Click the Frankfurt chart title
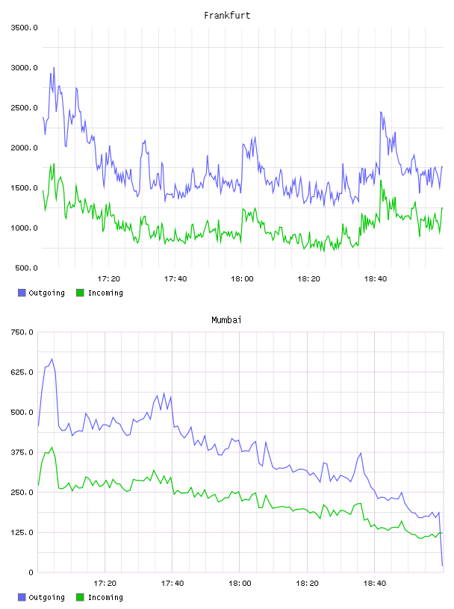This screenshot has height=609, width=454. tap(227, 16)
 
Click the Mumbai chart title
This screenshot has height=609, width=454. tap(226, 320)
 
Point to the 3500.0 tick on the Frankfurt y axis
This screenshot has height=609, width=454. tap(25, 28)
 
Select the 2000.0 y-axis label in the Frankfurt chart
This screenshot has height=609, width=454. tap(25, 148)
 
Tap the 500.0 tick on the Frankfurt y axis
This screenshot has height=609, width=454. tap(26, 268)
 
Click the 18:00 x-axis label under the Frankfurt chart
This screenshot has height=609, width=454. tap(242, 279)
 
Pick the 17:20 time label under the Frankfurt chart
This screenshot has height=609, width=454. tap(108, 279)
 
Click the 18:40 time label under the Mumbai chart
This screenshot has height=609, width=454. tap(375, 584)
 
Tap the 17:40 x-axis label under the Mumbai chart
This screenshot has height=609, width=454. tap(172, 584)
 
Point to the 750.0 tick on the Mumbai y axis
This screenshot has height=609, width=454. tap(22, 332)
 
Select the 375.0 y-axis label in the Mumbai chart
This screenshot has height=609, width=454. tap(22, 452)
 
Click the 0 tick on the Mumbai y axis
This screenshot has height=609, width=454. tap(31, 572)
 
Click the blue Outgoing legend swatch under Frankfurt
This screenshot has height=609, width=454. tap(22, 293)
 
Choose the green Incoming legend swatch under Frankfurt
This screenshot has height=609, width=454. tap(80, 293)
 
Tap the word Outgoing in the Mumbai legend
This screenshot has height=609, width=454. tap(46, 597)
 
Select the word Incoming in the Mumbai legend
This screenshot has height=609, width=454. tap(105, 597)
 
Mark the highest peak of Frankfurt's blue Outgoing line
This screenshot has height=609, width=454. tap(54, 68)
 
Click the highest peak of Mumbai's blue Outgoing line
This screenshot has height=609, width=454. tap(52, 359)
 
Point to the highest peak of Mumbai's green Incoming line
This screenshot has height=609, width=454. tap(52, 447)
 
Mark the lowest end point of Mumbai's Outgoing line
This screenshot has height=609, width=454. tap(442, 566)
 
